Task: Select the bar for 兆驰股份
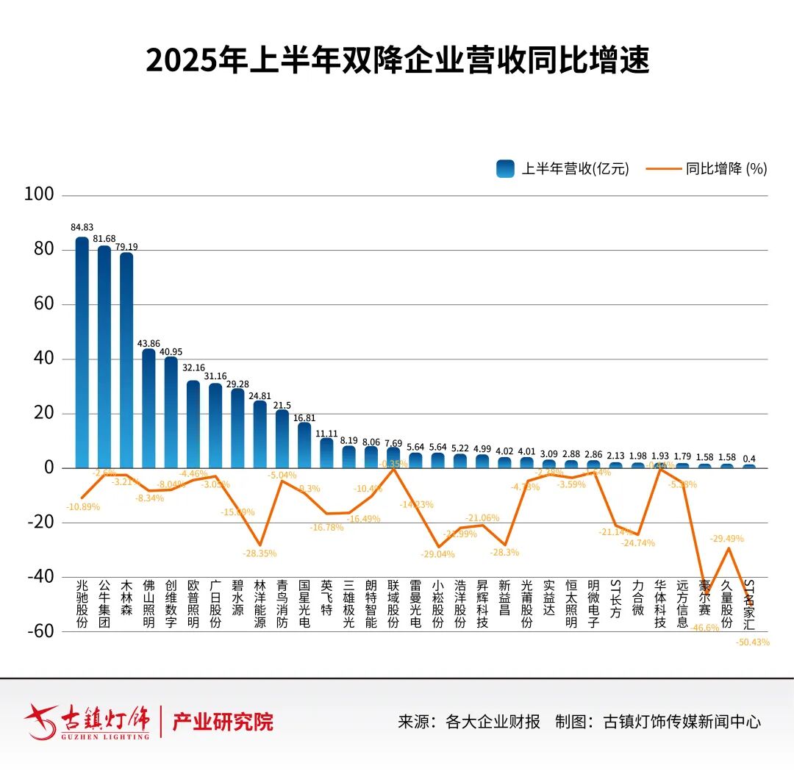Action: pyautogui.click(x=82, y=353)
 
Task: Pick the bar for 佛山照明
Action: pyautogui.click(x=149, y=409)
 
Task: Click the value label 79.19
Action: pyautogui.click(x=126, y=247)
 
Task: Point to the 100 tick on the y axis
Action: pyautogui.click(x=40, y=195)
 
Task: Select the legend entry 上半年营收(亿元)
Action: pyautogui.click(x=563, y=168)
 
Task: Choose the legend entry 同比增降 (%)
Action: pyautogui.click(x=707, y=168)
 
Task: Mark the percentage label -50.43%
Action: pyautogui.click(x=752, y=642)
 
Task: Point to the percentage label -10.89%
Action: pyautogui.click(x=82, y=507)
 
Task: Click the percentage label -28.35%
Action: pyautogui.click(x=260, y=553)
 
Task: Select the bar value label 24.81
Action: pyautogui.click(x=260, y=395)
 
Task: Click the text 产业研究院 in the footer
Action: pyautogui.click(x=223, y=722)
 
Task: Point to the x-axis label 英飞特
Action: pyautogui.click(x=326, y=597)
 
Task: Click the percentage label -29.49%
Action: pyautogui.click(x=726, y=539)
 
